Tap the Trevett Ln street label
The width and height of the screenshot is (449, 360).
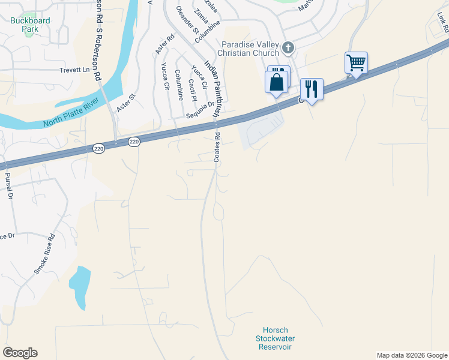[x=74, y=70]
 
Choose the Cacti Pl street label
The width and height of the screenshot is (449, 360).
[x=192, y=89]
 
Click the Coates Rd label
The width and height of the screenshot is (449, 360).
[x=217, y=148]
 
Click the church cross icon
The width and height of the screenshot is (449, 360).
[x=288, y=47]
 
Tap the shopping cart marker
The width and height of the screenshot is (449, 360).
[x=356, y=62]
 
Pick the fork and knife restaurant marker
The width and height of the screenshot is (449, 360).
[x=312, y=89]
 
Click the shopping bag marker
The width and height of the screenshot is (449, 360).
[x=276, y=81]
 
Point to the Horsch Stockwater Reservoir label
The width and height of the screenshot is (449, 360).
[x=276, y=338]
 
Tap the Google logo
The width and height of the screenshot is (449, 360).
[x=20, y=353]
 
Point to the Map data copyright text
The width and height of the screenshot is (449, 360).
[x=411, y=355]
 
